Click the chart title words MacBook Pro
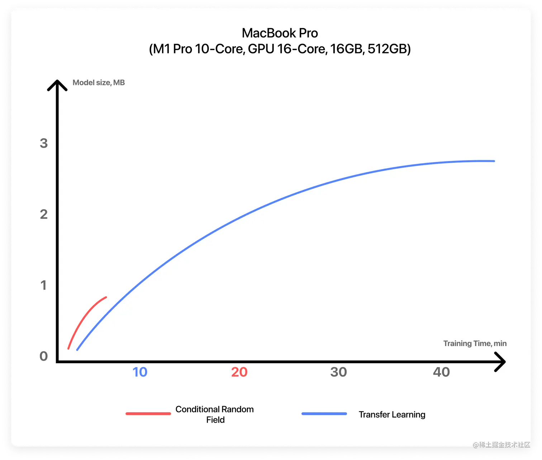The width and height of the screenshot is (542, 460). click(280, 33)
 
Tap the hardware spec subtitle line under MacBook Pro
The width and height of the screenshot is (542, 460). click(280, 49)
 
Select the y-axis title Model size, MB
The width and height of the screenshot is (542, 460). click(99, 82)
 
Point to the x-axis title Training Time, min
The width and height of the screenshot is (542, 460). click(475, 343)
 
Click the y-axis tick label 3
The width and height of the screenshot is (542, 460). click(44, 143)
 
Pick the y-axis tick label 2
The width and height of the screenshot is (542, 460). click(44, 214)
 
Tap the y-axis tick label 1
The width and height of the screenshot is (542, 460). click(44, 285)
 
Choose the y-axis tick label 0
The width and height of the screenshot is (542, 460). click(44, 356)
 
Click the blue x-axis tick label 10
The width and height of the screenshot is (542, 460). click(140, 372)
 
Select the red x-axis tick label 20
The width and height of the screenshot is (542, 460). click(239, 372)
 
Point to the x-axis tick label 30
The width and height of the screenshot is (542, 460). click(338, 372)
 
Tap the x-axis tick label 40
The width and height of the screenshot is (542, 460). click(441, 372)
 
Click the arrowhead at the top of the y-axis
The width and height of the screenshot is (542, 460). click(57, 85)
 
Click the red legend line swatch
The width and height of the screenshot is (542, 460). click(148, 414)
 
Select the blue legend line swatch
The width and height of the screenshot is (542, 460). click(324, 414)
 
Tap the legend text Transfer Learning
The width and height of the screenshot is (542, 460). click(392, 415)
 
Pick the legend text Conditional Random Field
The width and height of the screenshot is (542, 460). click(215, 414)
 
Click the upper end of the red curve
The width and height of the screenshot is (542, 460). click(106, 297)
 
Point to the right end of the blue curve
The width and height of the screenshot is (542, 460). click(494, 161)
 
